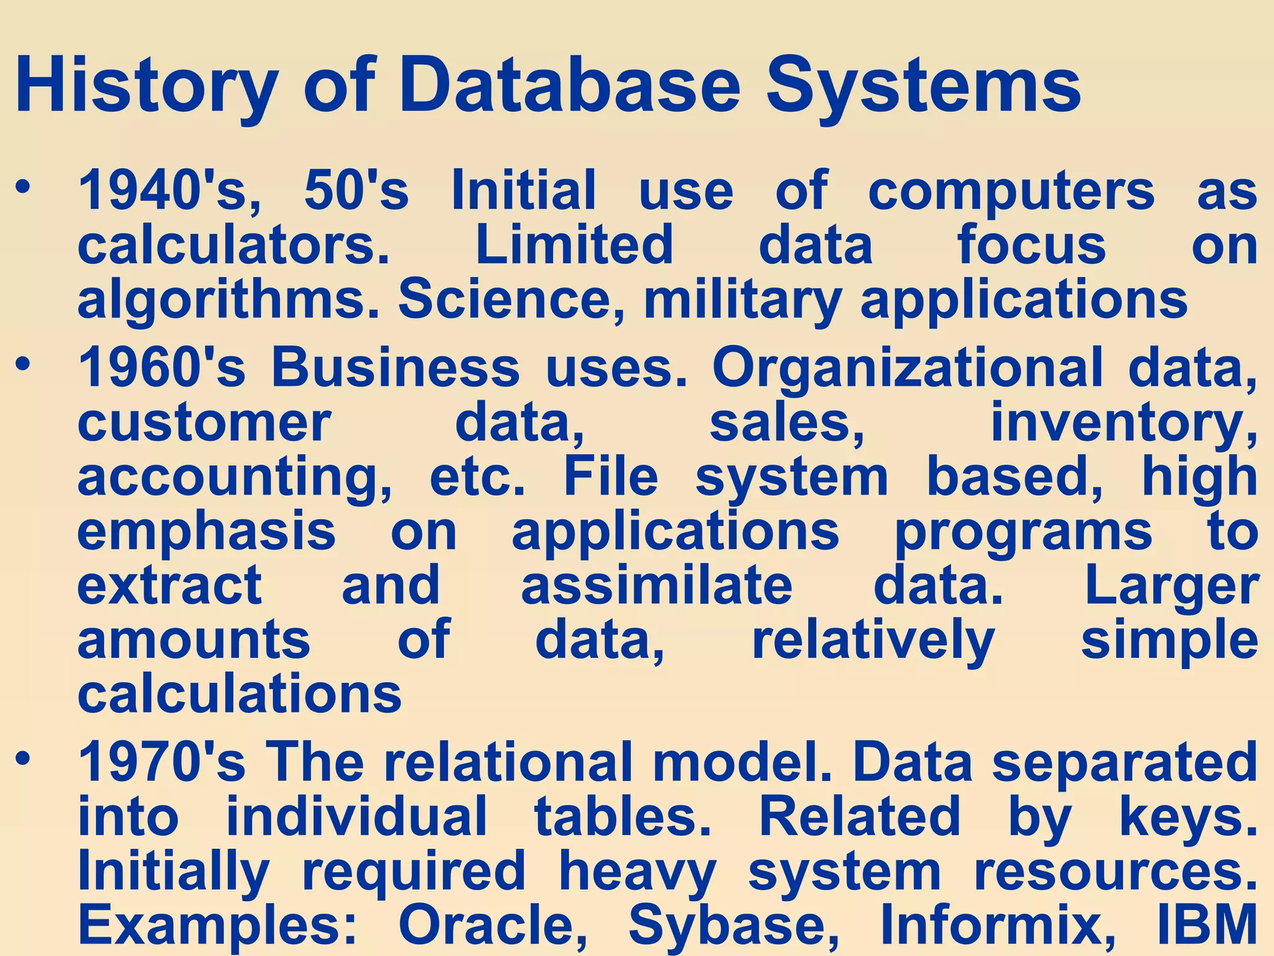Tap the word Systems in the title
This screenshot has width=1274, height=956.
923,86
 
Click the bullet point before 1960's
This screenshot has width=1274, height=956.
23,363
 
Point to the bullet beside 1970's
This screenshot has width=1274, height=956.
23,759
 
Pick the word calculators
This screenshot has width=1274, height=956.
233,245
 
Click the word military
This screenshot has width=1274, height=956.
743,299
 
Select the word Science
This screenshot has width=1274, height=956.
511,299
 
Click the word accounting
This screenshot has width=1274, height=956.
235,478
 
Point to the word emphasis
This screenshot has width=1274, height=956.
207,532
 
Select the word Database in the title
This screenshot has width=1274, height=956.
569,86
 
